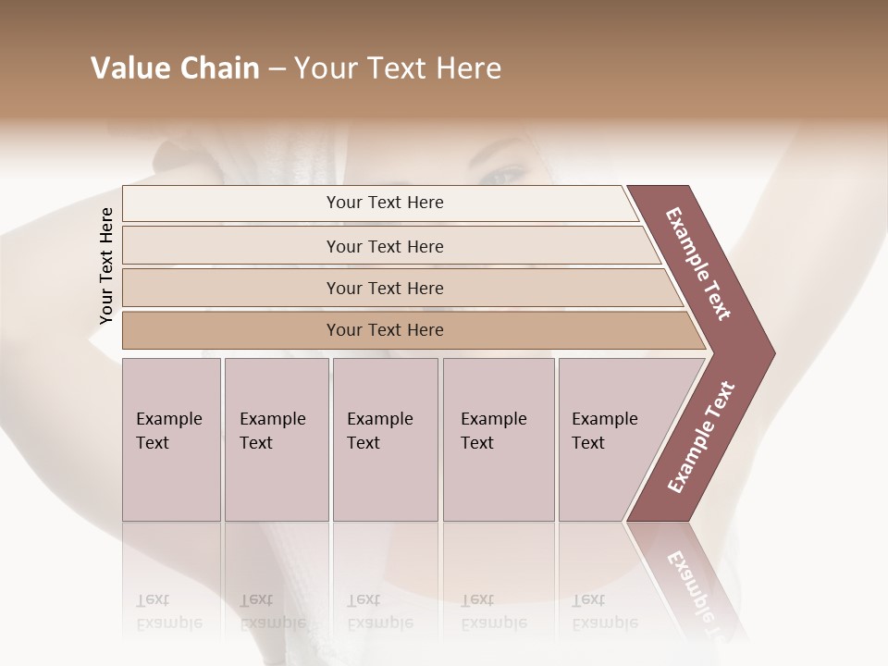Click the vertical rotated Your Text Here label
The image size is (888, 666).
tap(106, 265)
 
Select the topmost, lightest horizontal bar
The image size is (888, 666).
tap(379, 203)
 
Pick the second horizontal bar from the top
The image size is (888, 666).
tap(388, 246)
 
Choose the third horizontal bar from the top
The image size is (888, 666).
tap(398, 288)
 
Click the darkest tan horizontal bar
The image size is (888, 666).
tap(407, 330)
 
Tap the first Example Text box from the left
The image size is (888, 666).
tap(171, 438)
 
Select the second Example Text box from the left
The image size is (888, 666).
tap(276, 438)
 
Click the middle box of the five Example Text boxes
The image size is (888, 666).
tap(385, 438)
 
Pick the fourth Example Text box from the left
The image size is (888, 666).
tap(499, 438)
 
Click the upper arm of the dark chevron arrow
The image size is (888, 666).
tap(699, 263)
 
